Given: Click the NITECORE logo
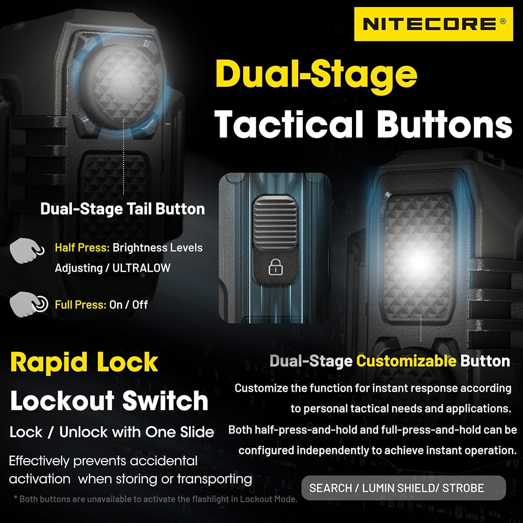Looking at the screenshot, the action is tap(433, 24).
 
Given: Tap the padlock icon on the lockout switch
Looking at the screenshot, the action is tap(275, 267).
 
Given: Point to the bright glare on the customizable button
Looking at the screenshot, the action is tap(419, 259).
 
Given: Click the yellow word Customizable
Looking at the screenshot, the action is tap(406, 361).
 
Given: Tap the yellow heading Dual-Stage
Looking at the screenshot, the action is tap(316, 74).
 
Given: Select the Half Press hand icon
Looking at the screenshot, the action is tap(27, 250).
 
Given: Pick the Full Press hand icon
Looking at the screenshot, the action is tap(29, 304).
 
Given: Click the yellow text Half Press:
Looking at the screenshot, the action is tap(82, 248).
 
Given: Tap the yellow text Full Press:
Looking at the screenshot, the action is tap(80, 304).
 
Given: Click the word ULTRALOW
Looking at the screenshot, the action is tap(141, 268).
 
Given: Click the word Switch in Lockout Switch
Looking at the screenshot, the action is tap(165, 400).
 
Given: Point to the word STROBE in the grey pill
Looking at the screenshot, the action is tap(463, 488).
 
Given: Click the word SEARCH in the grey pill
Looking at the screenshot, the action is tap(330, 488).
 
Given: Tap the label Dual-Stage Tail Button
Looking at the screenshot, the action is tap(123, 209).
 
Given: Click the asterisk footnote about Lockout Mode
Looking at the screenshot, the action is tap(155, 499).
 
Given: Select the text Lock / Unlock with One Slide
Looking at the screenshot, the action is tap(112, 432).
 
